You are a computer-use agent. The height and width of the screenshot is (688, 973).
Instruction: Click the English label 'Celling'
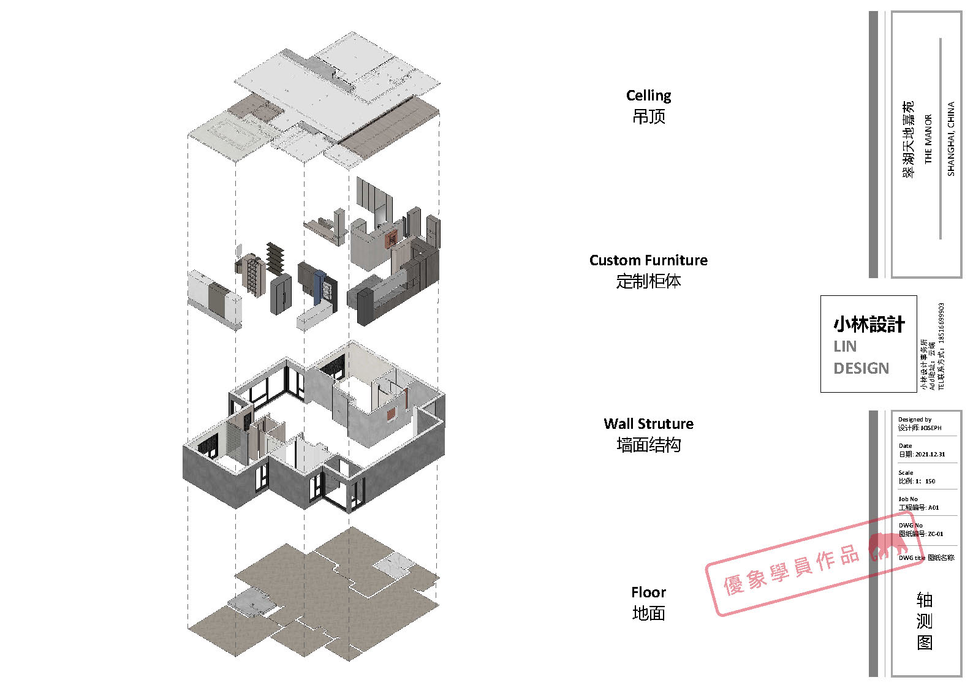[648, 96]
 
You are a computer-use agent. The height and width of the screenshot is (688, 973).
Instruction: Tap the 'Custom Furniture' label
[648, 260]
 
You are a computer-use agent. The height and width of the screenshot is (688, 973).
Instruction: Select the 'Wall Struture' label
[648, 424]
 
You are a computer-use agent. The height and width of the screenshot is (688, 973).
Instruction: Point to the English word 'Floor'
[648, 592]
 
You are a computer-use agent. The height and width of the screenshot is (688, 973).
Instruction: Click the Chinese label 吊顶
[648, 116]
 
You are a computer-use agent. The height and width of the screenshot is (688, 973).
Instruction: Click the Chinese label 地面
[648, 613]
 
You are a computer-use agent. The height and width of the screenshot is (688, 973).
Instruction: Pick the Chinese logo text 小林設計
[868, 324]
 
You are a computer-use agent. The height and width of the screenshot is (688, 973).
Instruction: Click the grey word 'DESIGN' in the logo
[861, 368]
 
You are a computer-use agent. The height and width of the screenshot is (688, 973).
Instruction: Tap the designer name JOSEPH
[931, 428]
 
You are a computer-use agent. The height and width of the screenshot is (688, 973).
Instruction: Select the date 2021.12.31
[929, 455]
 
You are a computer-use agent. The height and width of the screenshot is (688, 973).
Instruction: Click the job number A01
[933, 507]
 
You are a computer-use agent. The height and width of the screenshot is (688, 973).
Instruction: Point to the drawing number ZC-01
[936, 534]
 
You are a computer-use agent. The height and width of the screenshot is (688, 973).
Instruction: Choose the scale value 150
[930, 481]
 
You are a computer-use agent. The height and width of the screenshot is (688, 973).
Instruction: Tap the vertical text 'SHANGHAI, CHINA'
[950, 139]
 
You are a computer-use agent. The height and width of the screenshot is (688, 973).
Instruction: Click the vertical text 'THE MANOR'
[928, 139]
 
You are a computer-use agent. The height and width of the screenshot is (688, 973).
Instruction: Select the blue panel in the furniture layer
[317, 287]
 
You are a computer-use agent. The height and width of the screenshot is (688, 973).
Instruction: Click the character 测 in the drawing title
[924, 621]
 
